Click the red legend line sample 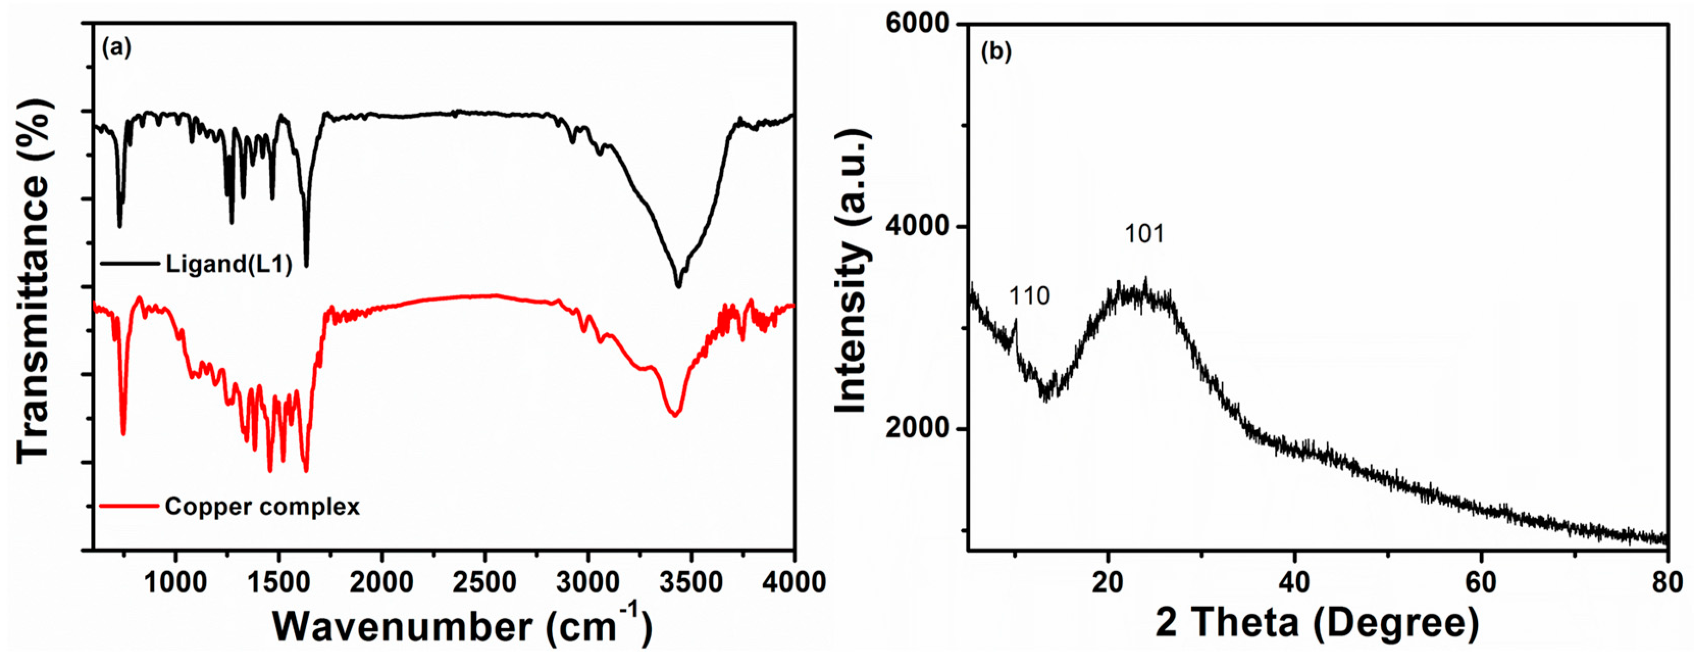[129, 506]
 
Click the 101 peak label [1145, 234]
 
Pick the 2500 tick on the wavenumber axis [484, 582]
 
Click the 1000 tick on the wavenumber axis [175, 582]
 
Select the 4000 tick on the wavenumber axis [794, 582]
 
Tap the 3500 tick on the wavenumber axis [690, 582]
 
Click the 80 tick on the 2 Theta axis [1667, 582]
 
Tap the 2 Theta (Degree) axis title [1317, 623]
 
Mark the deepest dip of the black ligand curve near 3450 [679, 286]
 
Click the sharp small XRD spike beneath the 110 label [1016, 321]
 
